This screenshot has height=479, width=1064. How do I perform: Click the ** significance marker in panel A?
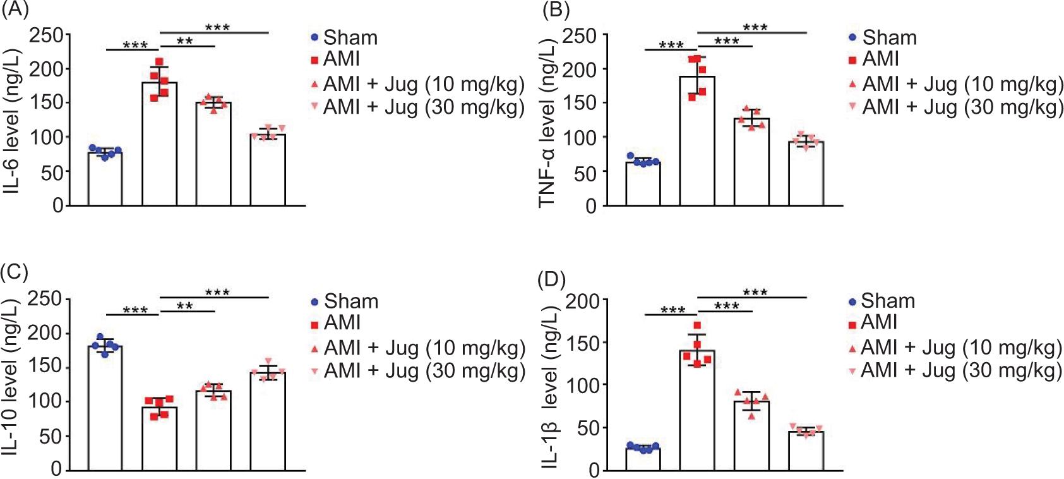coord(185,42)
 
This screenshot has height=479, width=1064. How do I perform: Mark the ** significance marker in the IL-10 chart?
coord(185,306)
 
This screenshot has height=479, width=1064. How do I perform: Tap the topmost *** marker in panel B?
coord(755,28)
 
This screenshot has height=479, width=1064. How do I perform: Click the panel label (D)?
coord(551,279)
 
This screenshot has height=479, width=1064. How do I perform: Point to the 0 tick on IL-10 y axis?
coord(56,470)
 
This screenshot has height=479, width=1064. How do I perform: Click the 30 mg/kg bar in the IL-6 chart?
coord(268,170)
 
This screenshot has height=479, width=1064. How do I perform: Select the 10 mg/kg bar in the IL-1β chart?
coord(751,436)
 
